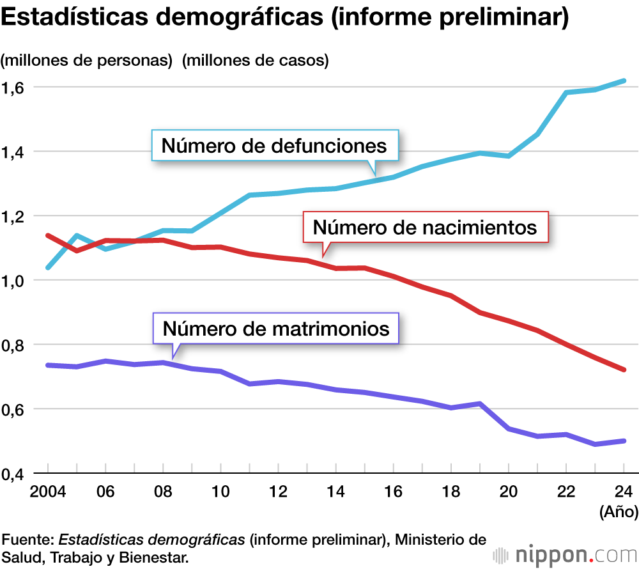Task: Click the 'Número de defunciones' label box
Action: coord(275,146)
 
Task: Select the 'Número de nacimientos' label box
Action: coord(425,226)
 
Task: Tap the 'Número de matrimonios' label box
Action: coord(275,329)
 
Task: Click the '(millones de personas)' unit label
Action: coord(88,61)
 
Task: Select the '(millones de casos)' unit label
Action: coord(255,61)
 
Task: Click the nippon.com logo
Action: coord(562,554)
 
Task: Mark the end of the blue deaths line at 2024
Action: coord(624,81)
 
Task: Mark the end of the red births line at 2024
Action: coord(624,370)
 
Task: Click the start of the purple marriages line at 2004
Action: coord(48,365)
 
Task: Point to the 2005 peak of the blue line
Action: coord(77,236)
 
